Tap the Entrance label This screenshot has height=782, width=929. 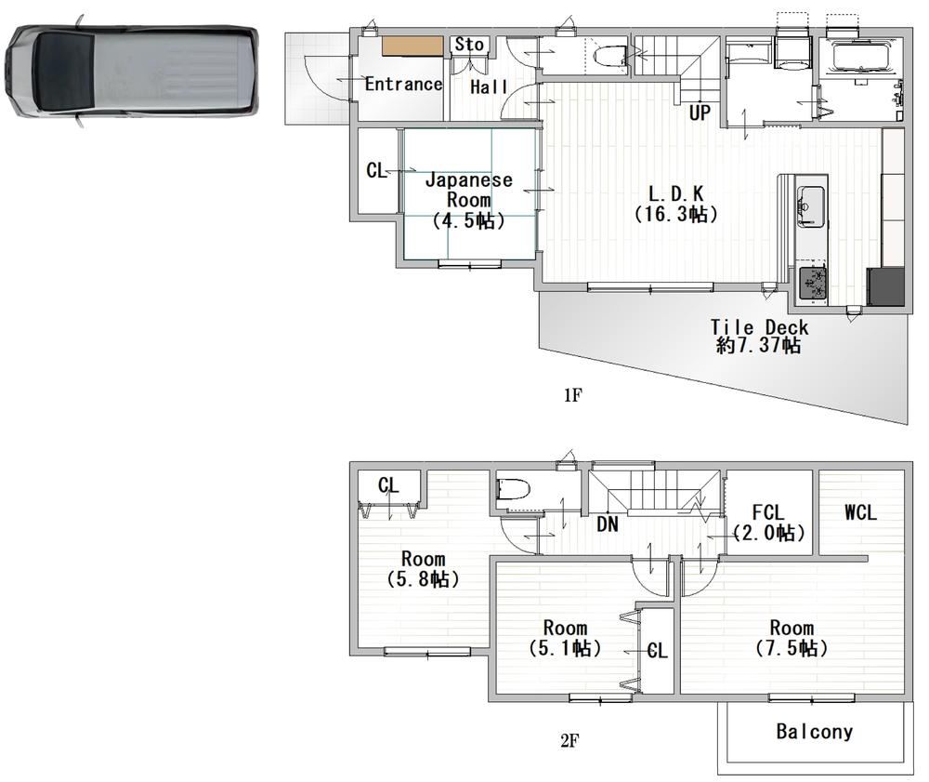(x=403, y=85)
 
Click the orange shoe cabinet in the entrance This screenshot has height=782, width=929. (x=412, y=46)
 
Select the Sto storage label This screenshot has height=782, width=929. (x=469, y=45)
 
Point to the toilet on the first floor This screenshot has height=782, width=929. (x=610, y=57)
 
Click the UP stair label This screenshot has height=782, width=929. (x=700, y=113)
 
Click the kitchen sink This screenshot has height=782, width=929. (x=810, y=205)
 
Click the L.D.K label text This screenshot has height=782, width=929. (x=676, y=193)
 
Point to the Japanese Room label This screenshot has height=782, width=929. (x=468, y=190)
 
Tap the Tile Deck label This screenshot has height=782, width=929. (x=760, y=327)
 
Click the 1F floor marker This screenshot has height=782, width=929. (x=573, y=395)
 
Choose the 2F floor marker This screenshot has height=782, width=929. (x=569, y=740)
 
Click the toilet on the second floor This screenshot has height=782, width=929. (x=513, y=490)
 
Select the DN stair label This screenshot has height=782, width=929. (x=608, y=524)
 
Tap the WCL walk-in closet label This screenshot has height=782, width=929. (x=860, y=512)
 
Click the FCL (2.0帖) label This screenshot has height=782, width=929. (x=768, y=523)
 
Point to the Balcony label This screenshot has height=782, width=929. (x=814, y=732)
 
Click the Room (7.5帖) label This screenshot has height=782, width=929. (x=792, y=637)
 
